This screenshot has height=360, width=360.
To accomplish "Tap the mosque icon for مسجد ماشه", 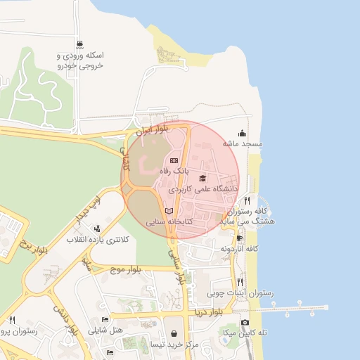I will click(243, 133).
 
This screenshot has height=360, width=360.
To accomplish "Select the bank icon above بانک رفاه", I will click(174, 161).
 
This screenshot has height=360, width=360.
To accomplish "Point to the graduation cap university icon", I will click(202, 179).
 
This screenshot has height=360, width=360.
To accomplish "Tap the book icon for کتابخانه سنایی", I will click(168, 210).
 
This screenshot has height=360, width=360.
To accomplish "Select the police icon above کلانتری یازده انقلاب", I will click(96, 229).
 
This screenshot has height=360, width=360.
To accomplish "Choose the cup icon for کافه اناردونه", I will click(239, 238).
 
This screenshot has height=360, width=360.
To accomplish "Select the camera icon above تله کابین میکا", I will click(245, 322).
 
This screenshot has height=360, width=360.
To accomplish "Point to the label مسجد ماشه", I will click(243, 143).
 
